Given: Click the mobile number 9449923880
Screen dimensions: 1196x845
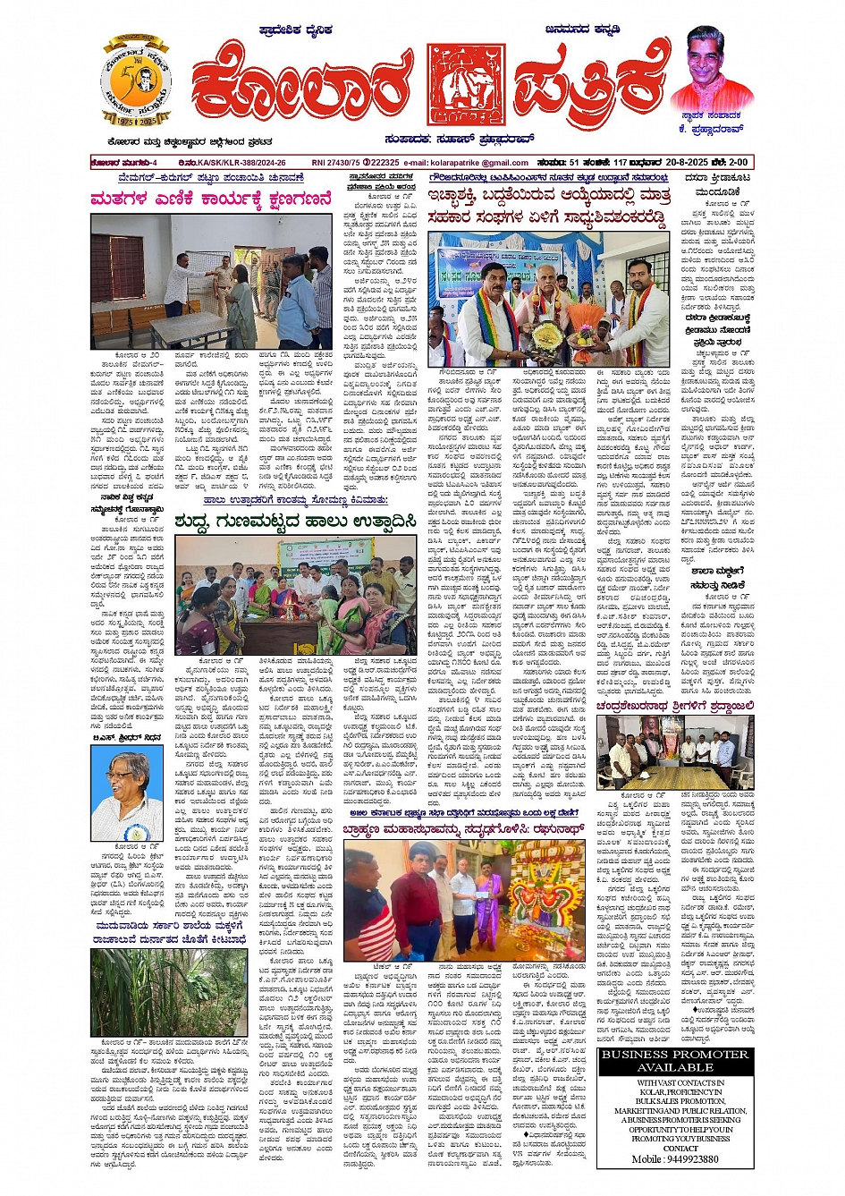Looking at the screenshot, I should pyautogui.click(x=675, y=1159).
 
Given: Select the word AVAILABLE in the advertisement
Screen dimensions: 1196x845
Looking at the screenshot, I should pyautogui.click(x=675, y=1068).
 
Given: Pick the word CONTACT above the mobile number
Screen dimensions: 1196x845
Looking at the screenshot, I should pyautogui.click(x=675, y=1149).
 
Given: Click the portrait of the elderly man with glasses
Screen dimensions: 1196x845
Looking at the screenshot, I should pyautogui.click(x=126, y=793).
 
